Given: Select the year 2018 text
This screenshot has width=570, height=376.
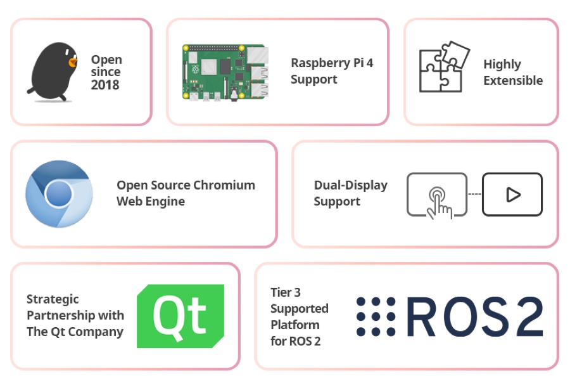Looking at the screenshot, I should click(x=104, y=85).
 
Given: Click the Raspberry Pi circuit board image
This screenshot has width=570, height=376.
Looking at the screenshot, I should click(x=225, y=72).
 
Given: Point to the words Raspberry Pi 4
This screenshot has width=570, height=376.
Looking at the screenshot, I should click(x=331, y=63).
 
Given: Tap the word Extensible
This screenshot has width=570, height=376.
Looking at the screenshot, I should click(x=513, y=81).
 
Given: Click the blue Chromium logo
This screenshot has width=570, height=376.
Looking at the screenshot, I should click(x=59, y=193).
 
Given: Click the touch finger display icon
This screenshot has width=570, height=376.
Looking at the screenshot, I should click(x=437, y=195).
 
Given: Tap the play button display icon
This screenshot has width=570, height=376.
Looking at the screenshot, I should click(x=512, y=194).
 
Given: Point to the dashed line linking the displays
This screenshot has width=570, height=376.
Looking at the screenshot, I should click(x=474, y=194).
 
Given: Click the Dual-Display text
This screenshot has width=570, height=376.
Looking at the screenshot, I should click(x=350, y=185).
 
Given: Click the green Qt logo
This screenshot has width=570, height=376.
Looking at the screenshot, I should click(x=180, y=316).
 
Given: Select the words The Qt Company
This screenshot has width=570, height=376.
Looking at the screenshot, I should click(x=75, y=332).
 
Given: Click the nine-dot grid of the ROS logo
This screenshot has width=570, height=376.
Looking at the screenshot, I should click(x=376, y=316).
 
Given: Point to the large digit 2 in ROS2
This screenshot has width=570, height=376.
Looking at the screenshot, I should click(x=525, y=316).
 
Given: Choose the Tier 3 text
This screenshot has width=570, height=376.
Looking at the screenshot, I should click(x=285, y=292).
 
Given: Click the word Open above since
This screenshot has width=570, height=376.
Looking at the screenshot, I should click(x=106, y=60).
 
